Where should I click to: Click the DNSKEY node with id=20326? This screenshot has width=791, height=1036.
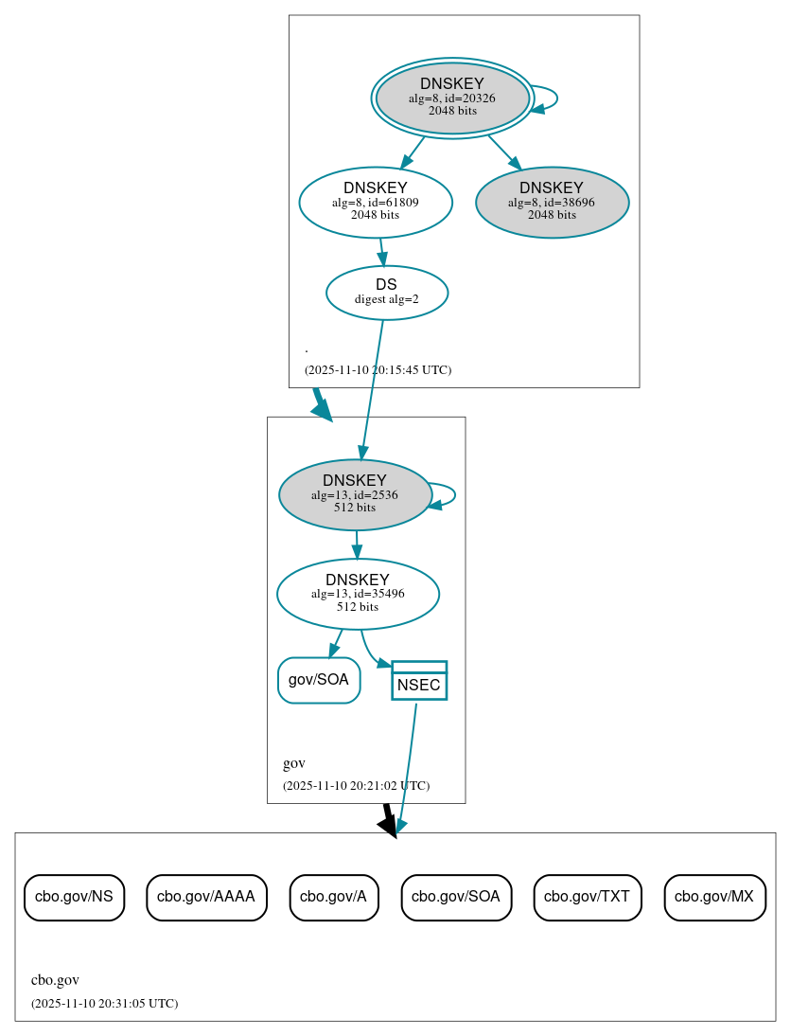(452, 98)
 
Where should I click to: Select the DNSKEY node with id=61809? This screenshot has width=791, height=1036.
(376, 202)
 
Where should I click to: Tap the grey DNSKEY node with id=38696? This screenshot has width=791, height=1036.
(552, 202)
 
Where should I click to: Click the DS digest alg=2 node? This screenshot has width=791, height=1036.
(386, 293)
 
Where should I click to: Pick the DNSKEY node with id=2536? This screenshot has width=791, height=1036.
(355, 494)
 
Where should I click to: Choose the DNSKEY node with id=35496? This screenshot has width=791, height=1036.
(358, 594)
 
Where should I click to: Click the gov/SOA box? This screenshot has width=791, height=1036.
(319, 680)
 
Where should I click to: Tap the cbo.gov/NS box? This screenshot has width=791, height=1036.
(74, 897)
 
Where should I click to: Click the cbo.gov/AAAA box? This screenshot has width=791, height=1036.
(206, 897)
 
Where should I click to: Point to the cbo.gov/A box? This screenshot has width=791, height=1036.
(334, 897)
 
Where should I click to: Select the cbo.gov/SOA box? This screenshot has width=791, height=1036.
(456, 897)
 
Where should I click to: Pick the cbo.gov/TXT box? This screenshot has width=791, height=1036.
(588, 897)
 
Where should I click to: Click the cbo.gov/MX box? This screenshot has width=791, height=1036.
(714, 897)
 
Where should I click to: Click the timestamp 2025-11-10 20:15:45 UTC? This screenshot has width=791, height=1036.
(378, 370)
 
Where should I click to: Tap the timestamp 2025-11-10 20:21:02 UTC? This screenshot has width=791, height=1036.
(356, 786)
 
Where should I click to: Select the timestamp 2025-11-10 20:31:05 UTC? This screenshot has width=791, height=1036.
(104, 1004)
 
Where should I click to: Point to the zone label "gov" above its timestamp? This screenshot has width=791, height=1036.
(293, 763)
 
